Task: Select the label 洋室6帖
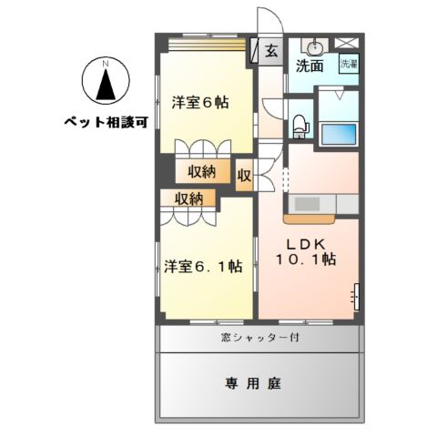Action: [x=199, y=102]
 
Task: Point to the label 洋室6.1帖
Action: [x=203, y=266]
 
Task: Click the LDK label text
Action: [x=306, y=243]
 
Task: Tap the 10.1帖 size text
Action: [x=306, y=259]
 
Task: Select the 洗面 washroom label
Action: [x=310, y=66]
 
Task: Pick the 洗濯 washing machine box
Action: [x=349, y=64]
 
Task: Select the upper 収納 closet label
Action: [x=202, y=170]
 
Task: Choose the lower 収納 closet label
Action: [x=189, y=198]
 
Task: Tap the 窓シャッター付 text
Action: [x=261, y=338]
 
